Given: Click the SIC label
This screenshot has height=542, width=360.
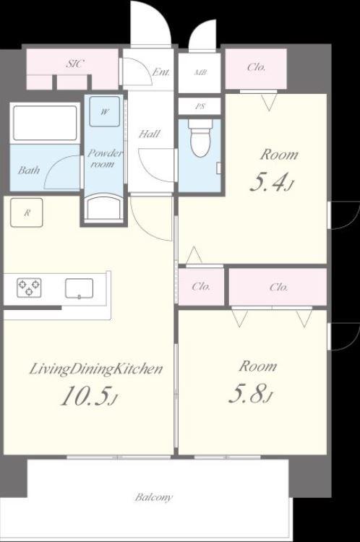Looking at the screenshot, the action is click(74, 64).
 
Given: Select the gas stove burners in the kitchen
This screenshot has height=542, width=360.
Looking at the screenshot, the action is click(29, 288).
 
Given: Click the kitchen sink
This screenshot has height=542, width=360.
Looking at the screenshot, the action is click(80, 288).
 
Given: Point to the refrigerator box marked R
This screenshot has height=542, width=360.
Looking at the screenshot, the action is click(27, 212).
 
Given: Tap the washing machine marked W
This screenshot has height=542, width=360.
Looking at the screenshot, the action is click(105, 111).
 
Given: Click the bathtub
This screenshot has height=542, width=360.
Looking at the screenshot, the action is click(45, 123).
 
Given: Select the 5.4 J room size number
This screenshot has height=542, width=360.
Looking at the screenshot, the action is click(272, 184).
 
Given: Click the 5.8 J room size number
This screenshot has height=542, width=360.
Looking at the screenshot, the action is click(251, 395).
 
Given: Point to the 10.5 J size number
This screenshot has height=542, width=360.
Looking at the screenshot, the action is click(89, 396).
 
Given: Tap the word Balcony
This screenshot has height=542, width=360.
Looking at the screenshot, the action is click(153, 497).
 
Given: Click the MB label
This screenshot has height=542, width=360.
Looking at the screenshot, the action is click(200, 72).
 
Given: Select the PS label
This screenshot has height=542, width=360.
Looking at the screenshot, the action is click(200, 106).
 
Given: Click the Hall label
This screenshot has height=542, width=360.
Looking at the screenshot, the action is click(150, 134).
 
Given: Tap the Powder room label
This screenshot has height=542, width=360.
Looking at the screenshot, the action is click(104, 158).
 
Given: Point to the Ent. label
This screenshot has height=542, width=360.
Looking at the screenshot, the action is click(161, 72).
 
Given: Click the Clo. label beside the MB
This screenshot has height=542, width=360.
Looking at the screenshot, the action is click(256, 66).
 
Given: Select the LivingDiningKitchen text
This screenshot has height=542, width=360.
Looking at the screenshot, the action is click(96, 369).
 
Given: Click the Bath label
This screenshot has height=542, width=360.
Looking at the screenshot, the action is click(29, 170).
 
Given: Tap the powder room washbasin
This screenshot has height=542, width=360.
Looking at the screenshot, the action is click(104, 207).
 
